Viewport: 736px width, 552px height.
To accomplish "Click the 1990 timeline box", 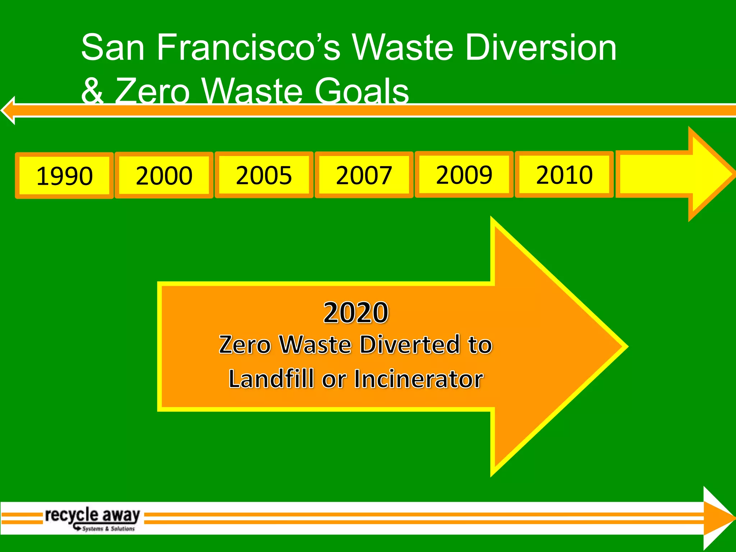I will coord(64,176).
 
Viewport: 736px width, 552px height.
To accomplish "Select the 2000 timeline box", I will coord(164,175).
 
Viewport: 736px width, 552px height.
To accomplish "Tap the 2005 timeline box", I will coord(264,175).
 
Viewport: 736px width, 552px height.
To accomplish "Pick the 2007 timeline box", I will coord(364,175).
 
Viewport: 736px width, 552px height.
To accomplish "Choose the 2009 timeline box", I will coord(464,175).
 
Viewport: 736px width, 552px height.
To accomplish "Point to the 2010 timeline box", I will coord(564,175).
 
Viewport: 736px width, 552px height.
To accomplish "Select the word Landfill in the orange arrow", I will coord(272,379).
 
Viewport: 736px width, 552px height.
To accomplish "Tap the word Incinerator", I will coord(419,379).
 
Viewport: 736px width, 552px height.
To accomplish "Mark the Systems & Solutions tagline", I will coord(108,529).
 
